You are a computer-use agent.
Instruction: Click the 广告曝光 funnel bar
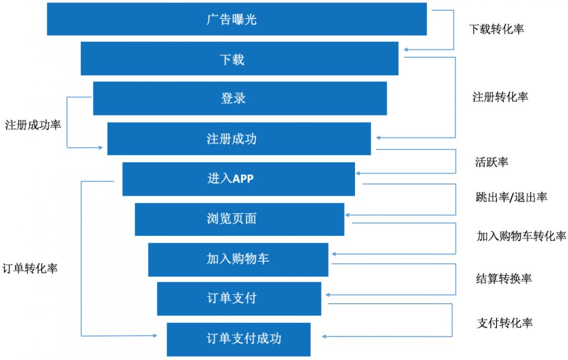click(x=237, y=19)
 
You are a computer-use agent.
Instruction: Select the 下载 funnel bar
click(x=239, y=59)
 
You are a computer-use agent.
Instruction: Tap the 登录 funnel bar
click(x=240, y=98)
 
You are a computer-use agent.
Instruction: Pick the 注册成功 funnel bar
click(x=239, y=139)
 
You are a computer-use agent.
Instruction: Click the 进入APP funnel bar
click(x=238, y=179)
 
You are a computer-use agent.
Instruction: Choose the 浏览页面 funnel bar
click(x=239, y=219)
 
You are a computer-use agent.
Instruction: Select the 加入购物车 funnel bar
click(x=238, y=259)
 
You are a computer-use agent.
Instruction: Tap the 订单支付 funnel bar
click(x=239, y=299)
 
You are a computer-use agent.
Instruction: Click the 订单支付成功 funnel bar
click(x=238, y=339)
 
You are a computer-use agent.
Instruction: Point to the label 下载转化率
click(x=496, y=29)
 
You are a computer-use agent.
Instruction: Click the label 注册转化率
click(x=500, y=97)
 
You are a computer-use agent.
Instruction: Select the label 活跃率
click(x=492, y=162)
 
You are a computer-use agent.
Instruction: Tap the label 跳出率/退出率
click(x=511, y=197)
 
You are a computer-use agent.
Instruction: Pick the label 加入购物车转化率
click(x=521, y=236)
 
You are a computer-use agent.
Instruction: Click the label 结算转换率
click(x=503, y=279)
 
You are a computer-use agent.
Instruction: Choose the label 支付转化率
click(x=505, y=323)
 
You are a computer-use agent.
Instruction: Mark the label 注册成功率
click(x=33, y=126)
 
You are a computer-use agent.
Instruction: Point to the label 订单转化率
click(x=30, y=268)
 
